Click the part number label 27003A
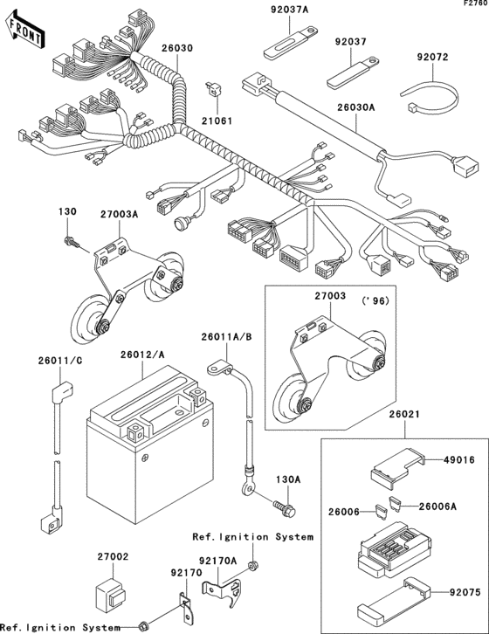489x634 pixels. coord(119,213)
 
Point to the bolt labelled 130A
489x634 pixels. coord(285,506)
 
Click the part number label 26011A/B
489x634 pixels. coord(226,336)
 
